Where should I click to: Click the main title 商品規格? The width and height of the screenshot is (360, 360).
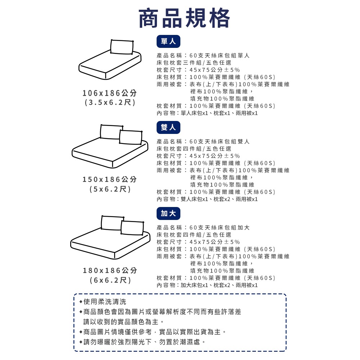(x=184, y=18)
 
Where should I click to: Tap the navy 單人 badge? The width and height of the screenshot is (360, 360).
(x=168, y=42)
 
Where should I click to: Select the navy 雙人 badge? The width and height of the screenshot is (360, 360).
(x=168, y=127)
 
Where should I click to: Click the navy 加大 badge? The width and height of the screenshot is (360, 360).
(x=168, y=213)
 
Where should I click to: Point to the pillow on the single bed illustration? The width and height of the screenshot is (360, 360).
(x=122, y=47)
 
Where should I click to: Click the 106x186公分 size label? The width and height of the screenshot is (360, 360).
(x=110, y=93)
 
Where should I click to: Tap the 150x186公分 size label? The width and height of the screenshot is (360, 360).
(x=110, y=179)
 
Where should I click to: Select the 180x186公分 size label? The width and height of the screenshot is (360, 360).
(x=110, y=270)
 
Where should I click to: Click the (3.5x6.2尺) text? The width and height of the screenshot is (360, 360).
(x=110, y=103)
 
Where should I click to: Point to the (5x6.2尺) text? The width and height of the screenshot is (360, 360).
(x=110, y=189)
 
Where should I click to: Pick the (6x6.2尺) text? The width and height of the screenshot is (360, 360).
(x=110, y=280)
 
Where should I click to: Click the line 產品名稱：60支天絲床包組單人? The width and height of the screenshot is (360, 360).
(x=203, y=55)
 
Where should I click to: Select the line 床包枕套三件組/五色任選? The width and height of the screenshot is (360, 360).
(x=194, y=63)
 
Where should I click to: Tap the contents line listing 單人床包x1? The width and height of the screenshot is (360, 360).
(x=207, y=113)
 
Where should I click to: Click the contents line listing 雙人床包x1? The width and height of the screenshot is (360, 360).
(x=207, y=199)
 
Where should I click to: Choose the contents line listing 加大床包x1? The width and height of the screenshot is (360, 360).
(x=207, y=285)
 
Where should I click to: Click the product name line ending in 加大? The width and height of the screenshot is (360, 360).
(x=203, y=228)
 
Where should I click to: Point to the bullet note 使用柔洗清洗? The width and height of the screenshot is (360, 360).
(x=103, y=302)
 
